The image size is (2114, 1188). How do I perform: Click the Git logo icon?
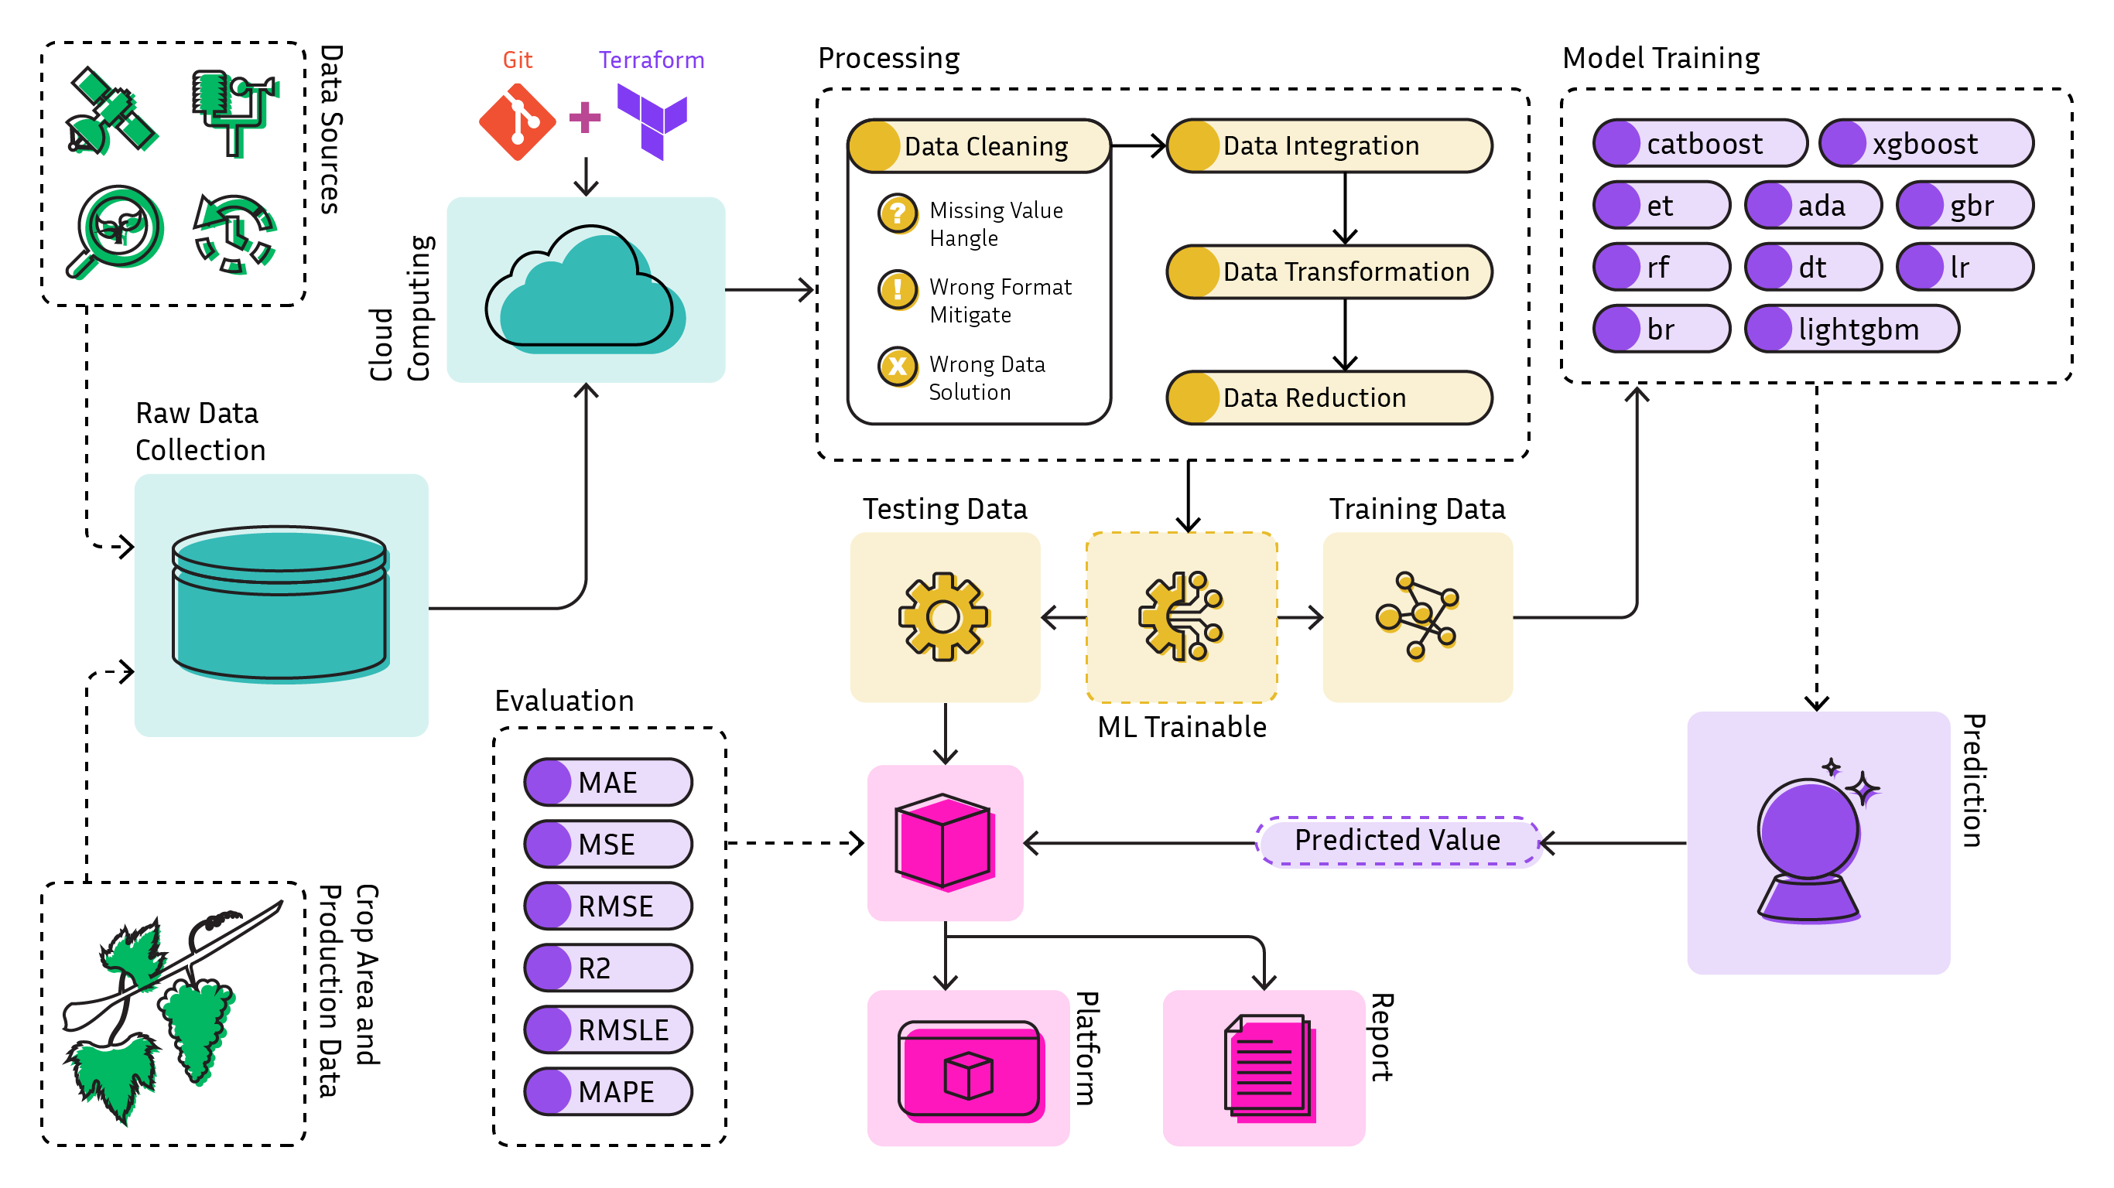click(517, 123)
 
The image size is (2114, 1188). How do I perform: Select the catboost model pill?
click(1700, 144)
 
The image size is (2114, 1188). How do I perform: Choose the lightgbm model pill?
click(1852, 329)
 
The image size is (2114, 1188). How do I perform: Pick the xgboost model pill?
click(1926, 144)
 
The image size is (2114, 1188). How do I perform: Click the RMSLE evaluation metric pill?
click(608, 1029)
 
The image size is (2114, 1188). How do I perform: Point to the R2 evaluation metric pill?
click(608, 968)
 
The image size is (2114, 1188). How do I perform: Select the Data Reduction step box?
click(1329, 398)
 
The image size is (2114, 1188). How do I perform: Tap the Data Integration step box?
click(1329, 146)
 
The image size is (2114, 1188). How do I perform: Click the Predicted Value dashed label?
click(1397, 841)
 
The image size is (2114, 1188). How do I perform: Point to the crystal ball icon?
click(1811, 845)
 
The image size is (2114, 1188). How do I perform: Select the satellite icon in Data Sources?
click(111, 111)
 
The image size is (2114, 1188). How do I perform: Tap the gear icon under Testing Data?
click(944, 617)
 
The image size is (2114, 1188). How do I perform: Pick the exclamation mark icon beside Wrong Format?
click(898, 289)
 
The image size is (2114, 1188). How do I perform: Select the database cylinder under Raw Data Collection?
click(280, 604)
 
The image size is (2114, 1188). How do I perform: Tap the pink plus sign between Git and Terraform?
click(584, 118)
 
